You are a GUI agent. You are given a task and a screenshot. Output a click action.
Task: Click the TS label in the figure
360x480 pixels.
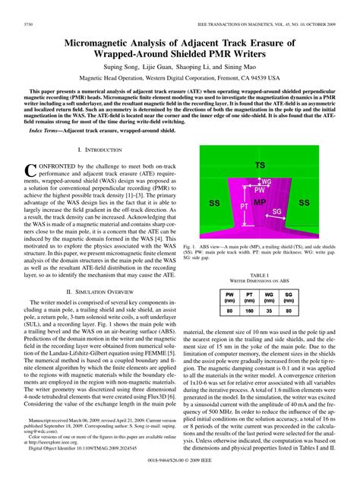pyautogui.click(x=260, y=165)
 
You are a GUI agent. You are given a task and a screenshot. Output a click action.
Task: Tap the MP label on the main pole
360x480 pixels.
pyautogui.click(x=259, y=203)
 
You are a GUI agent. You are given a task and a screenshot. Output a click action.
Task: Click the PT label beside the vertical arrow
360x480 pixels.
pyautogui.click(x=245, y=206)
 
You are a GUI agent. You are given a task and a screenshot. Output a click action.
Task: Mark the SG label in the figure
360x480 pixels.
pyautogui.click(x=277, y=212)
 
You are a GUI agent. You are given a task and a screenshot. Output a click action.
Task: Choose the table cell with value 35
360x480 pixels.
pyautogui.click(x=269, y=289)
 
